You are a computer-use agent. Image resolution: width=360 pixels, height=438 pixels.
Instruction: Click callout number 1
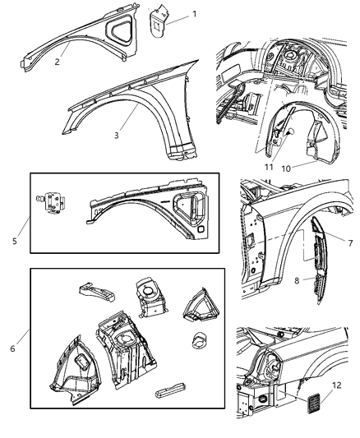(195, 15)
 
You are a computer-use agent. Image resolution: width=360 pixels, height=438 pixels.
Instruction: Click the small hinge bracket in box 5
(53, 201)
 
